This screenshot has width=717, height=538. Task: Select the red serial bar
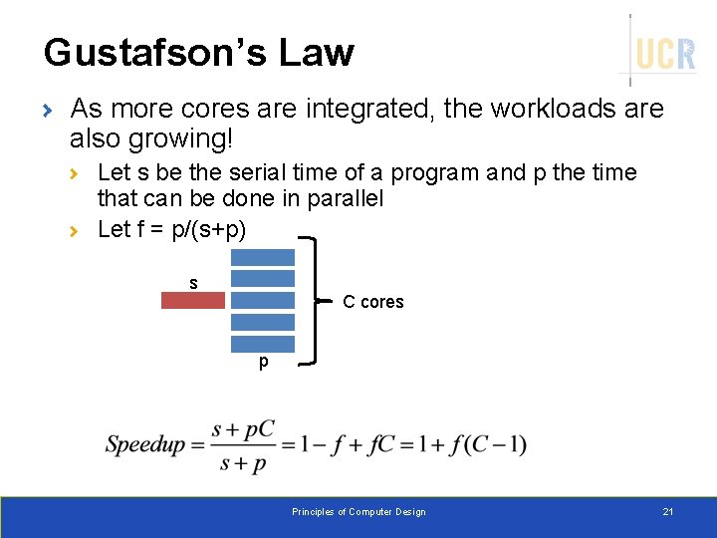(193, 300)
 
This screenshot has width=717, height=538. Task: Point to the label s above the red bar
(193, 283)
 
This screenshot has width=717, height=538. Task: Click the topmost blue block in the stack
(263, 256)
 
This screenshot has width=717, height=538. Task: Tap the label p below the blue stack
(263, 362)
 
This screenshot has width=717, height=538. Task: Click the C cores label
(373, 302)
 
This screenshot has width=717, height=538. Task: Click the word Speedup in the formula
(145, 444)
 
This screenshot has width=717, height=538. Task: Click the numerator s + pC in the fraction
(243, 428)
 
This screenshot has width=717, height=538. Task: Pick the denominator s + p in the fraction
(243, 462)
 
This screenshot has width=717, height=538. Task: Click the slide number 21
(668, 512)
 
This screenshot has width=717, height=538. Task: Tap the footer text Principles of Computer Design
(358, 512)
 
